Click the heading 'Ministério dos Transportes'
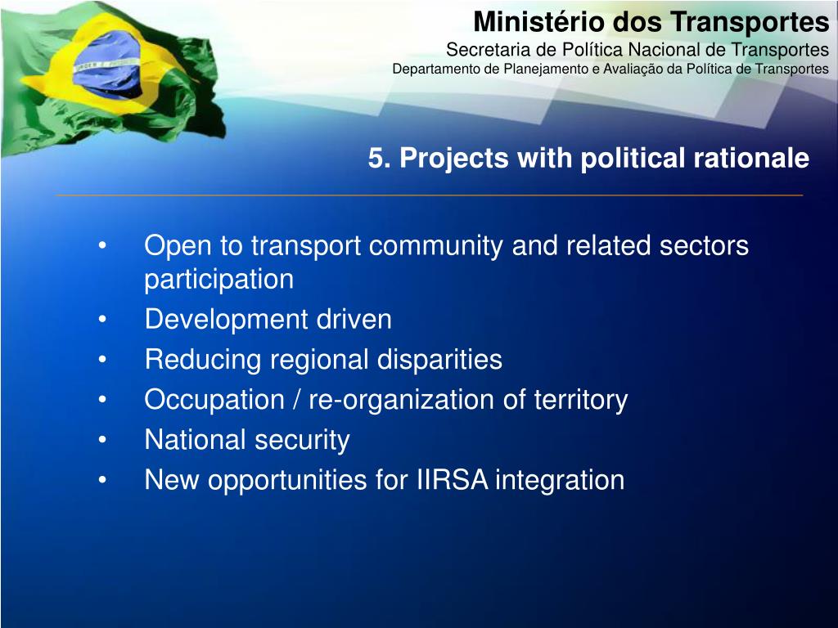tap(651, 21)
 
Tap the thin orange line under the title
tap(429, 195)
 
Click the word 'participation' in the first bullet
tap(219, 280)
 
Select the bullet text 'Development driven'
tap(268, 320)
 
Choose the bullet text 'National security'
tap(246, 440)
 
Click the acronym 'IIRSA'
tap(449, 480)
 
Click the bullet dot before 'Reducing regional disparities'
tap(102, 360)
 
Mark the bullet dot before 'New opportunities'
tap(102, 480)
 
